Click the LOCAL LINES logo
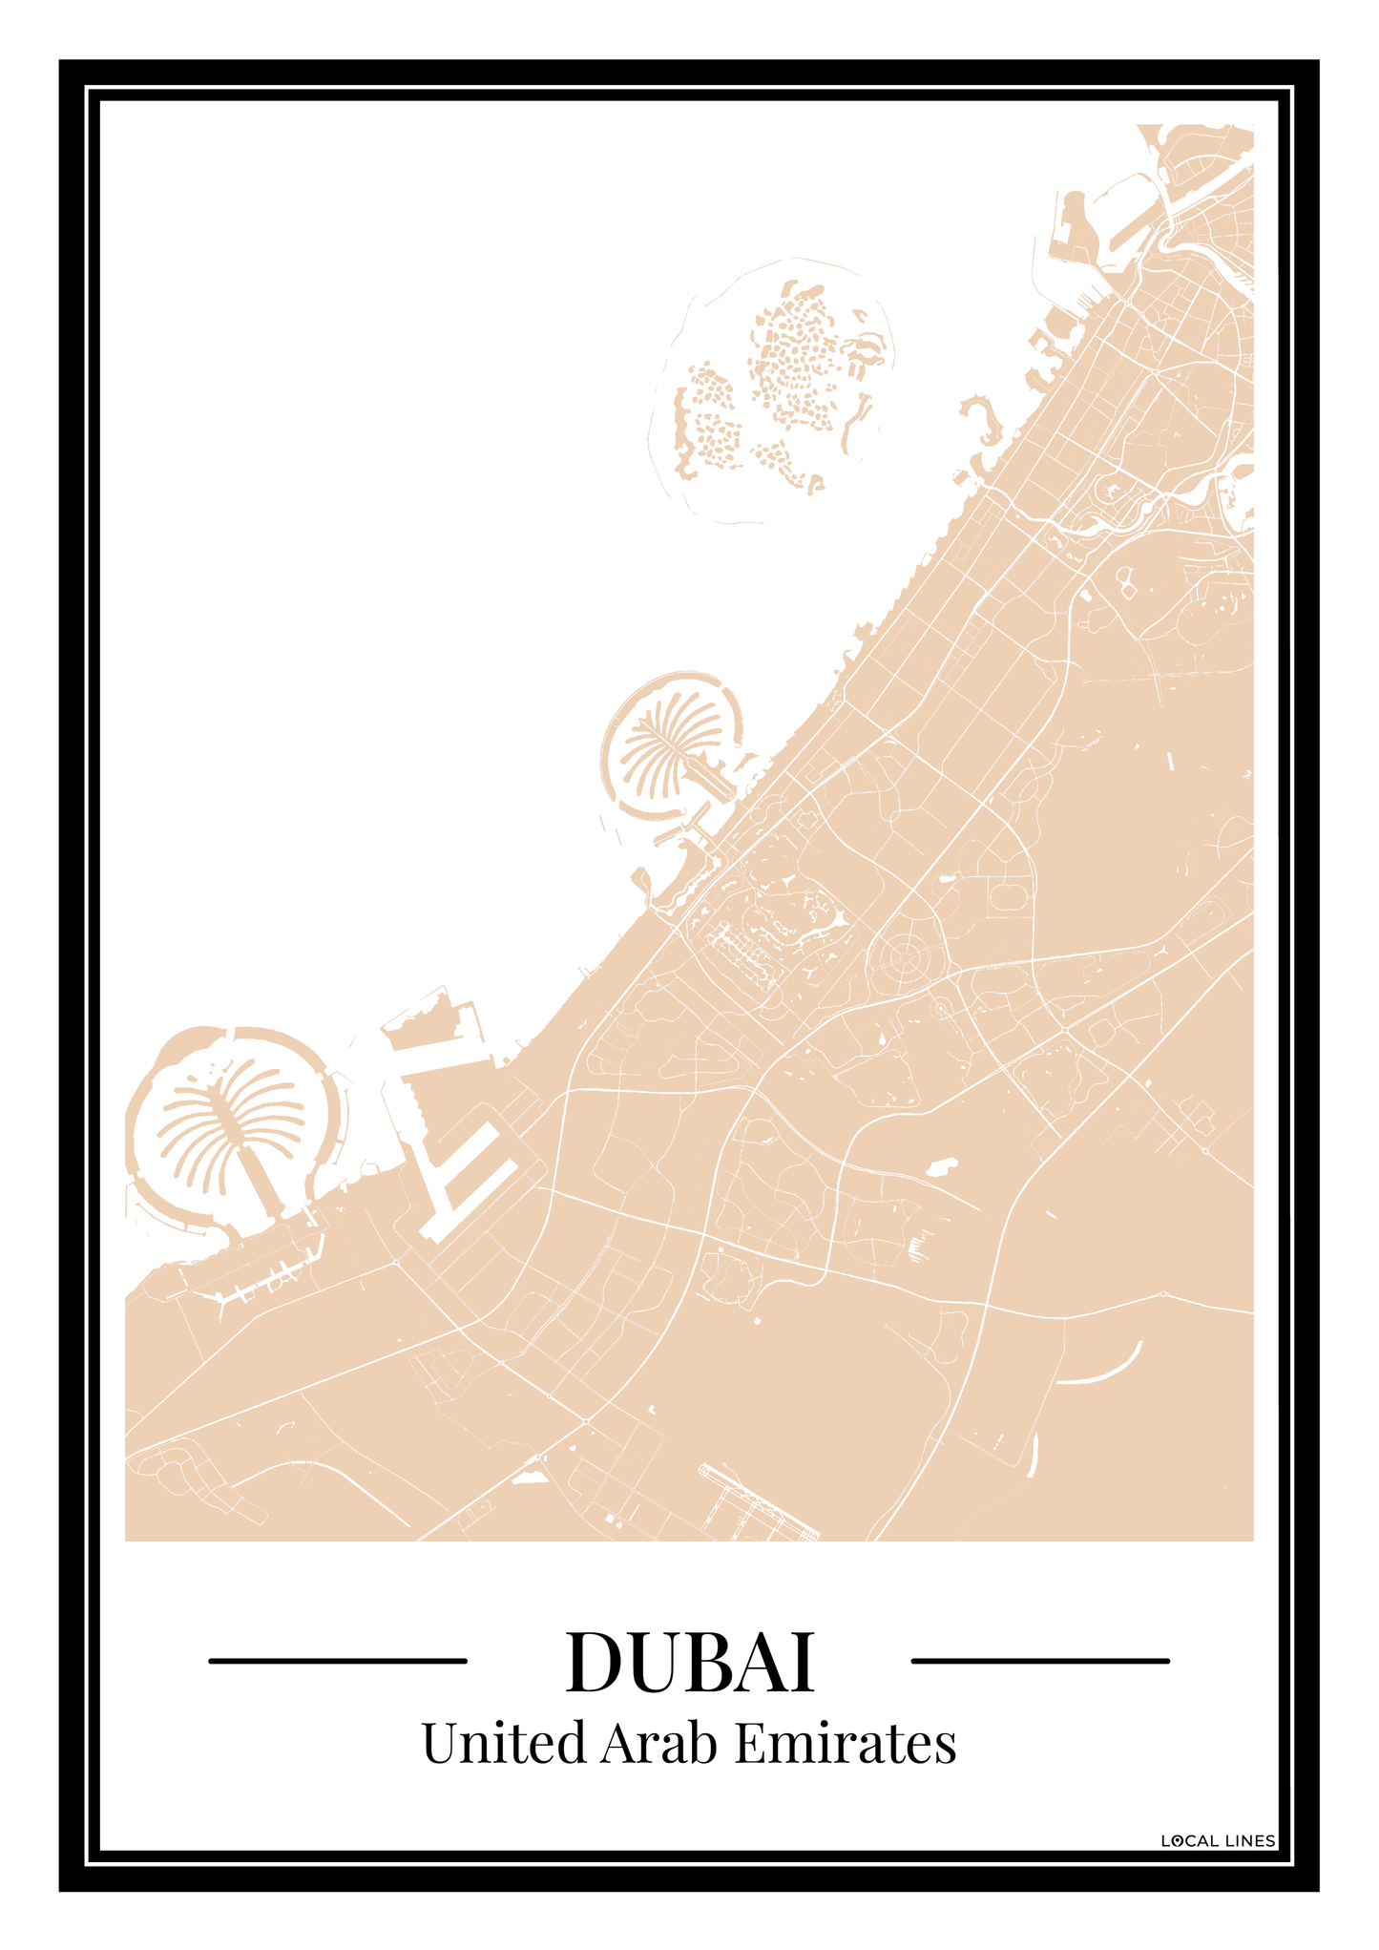[1218, 1841]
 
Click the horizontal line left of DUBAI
[337, 1662]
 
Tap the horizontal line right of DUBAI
[1040, 1662]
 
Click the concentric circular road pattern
[902, 955]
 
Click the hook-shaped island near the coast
[983, 420]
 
